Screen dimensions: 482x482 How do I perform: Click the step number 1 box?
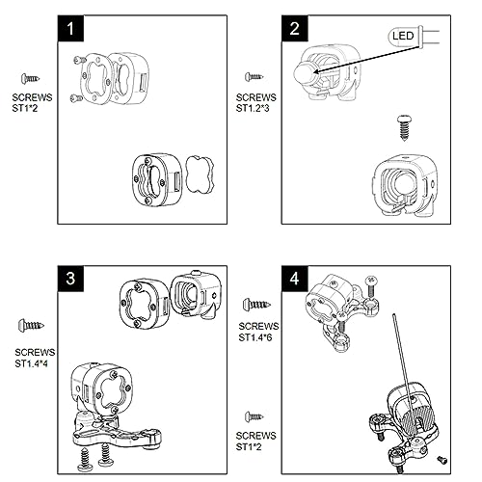point(70,28)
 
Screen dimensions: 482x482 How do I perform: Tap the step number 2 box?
point(295,28)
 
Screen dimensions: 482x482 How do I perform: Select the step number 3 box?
point(70,279)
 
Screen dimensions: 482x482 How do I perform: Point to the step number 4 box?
point(295,279)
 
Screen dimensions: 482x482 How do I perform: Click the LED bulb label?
point(403,36)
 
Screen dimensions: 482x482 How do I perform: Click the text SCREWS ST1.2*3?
point(255,103)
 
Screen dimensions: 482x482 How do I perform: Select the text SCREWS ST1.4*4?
point(35,358)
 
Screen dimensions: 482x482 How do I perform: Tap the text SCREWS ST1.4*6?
point(258,332)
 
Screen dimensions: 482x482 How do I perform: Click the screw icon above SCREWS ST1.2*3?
point(254,77)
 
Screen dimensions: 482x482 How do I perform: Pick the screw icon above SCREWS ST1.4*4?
point(31,326)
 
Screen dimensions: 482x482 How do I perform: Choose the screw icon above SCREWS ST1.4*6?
point(256,305)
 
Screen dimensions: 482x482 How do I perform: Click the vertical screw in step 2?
point(404,128)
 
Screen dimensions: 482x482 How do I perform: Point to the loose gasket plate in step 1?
point(200,174)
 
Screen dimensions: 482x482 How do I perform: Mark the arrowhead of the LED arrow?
point(315,72)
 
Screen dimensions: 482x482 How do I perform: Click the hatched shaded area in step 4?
point(418,417)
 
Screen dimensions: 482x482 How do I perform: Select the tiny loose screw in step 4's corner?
point(442,460)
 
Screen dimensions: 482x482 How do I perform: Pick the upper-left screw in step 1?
point(79,60)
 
